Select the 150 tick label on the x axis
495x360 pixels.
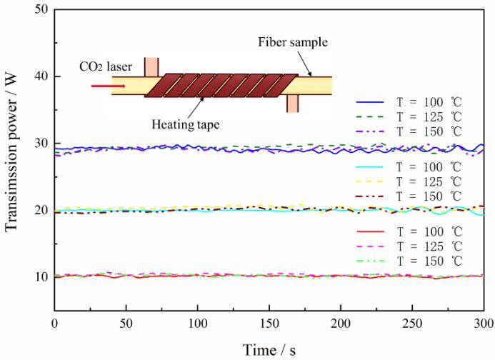pyautogui.click(x=269, y=324)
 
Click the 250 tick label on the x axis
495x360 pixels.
pyautogui.click(x=412, y=324)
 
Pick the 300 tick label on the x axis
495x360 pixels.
pyautogui.click(x=484, y=324)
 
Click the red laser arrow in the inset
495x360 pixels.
pyautogui.click(x=108, y=86)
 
